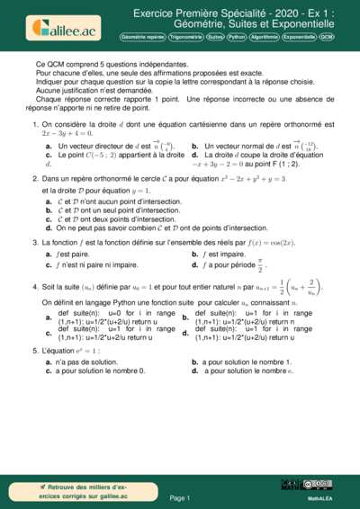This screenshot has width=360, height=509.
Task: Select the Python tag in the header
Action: [237, 38]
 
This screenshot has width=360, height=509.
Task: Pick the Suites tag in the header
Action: [215, 38]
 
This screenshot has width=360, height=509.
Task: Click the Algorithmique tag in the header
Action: [264, 38]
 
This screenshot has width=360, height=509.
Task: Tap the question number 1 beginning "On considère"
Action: [34, 124]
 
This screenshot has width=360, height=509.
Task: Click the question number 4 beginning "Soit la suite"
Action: [34, 287]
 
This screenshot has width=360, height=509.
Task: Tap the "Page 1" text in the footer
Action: [180, 497]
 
